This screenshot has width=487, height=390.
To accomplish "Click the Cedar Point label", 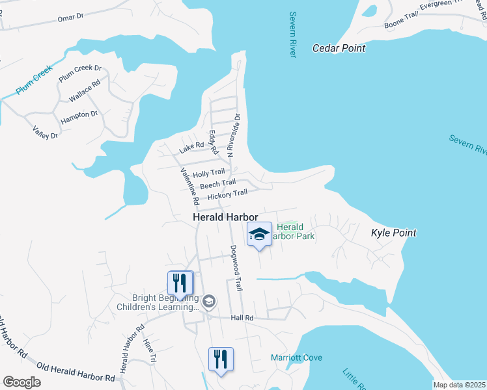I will tap(339, 48).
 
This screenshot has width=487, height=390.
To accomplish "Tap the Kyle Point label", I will tap(393, 233).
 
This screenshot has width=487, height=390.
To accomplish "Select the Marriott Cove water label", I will tap(296, 357).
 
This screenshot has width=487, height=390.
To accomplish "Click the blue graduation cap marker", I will tap(259, 235).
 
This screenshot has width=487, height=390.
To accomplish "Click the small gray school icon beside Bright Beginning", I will tap(208, 300).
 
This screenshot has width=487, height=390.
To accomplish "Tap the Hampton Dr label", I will tap(79, 118).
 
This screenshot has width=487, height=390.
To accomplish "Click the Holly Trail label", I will tap(208, 172).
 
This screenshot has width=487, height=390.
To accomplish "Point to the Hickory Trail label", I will tap(227, 194).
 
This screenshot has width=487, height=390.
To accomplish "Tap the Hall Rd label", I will tap(242, 317).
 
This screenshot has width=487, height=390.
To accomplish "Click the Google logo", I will tap(21, 382).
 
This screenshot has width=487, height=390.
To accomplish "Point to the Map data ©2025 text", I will tap(459, 385).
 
